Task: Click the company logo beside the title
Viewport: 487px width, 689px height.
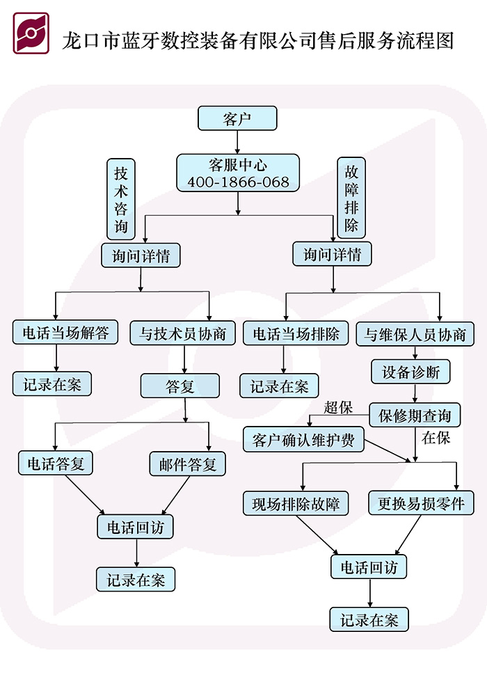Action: [x=31, y=33]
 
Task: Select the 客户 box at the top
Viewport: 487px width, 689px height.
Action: [x=237, y=118]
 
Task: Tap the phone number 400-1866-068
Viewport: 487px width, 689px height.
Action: [x=238, y=182]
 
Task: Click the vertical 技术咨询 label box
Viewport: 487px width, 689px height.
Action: [x=121, y=200]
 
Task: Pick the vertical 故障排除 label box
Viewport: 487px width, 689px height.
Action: [x=351, y=198]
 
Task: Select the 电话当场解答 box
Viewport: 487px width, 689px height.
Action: [x=65, y=333]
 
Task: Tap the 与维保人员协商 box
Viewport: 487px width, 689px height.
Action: [x=415, y=334]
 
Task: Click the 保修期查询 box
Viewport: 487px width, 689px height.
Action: [x=415, y=416]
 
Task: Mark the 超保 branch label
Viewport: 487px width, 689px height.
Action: [x=338, y=408]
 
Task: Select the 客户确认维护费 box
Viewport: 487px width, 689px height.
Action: [x=303, y=440]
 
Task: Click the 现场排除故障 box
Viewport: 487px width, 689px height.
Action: [x=296, y=503]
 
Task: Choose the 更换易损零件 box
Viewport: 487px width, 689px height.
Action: [x=421, y=503]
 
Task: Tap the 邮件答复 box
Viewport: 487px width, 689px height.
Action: [x=184, y=464]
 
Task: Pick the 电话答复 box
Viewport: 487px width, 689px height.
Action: [x=56, y=464]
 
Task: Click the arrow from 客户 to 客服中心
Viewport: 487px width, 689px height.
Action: [x=238, y=142]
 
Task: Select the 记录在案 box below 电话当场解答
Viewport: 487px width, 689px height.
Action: [x=52, y=384]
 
